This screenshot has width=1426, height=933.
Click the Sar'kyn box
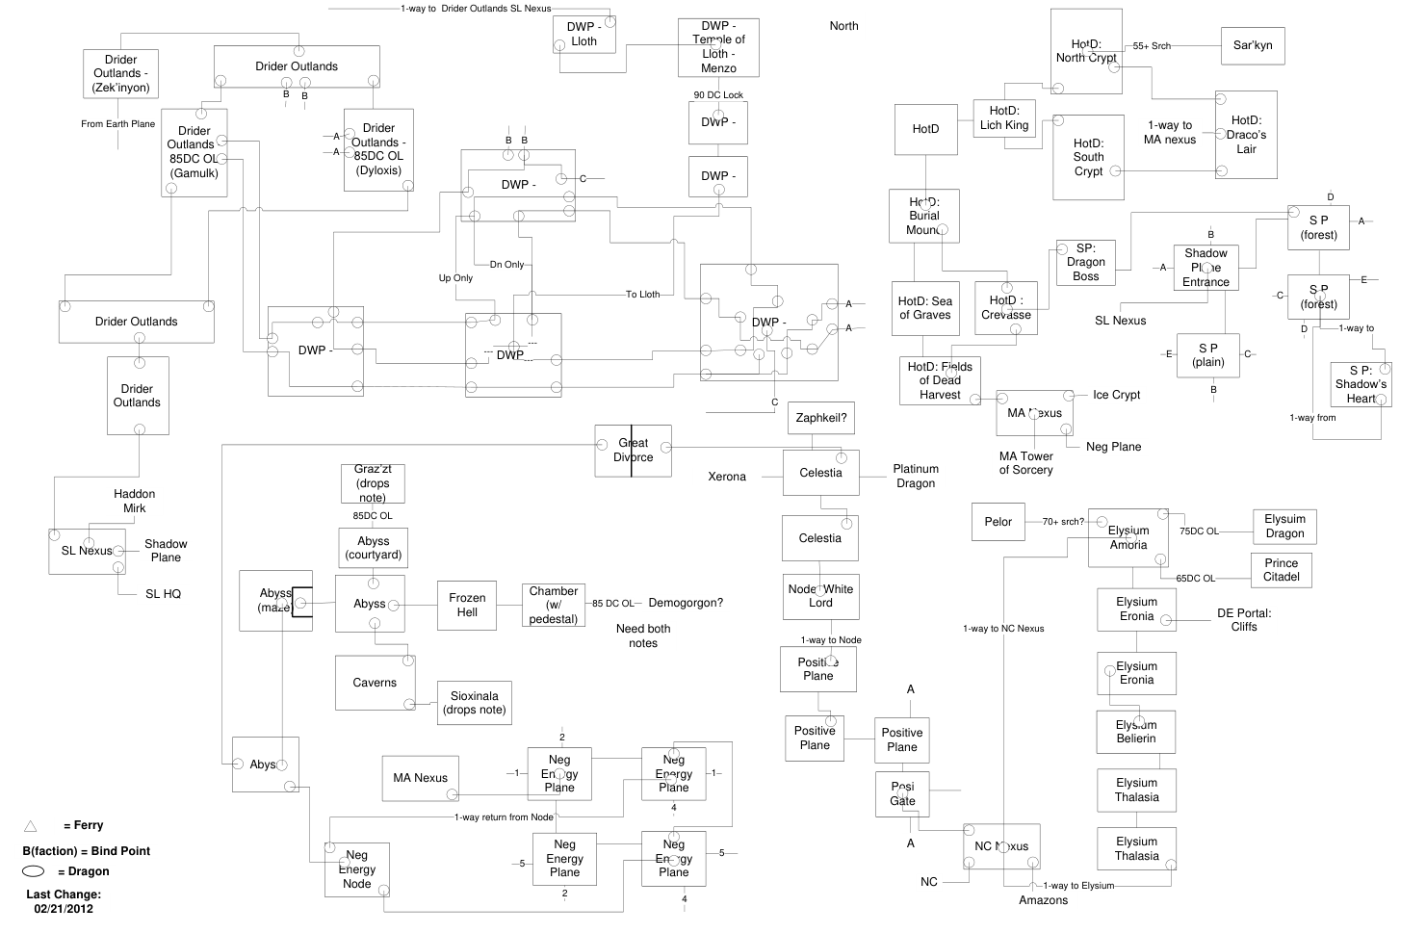click(x=1253, y=45)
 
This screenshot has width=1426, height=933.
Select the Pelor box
click(x=998, y=522)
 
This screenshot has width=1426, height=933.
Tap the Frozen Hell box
click(x=467, y=605)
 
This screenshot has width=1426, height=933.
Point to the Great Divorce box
click(x=633, y=451)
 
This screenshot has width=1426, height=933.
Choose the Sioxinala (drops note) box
click(x=475, y=703)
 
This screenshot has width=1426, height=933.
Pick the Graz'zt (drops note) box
click(x=373, y=483)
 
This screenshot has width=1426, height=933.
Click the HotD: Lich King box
click(x=1004, y=118)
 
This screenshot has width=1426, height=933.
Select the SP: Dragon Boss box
click(x=1085, y=262)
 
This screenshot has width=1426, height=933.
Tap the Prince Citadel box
click(x=1281, y=570)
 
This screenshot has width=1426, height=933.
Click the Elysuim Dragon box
click(x=1284, y=527)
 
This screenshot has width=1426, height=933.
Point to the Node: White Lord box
click(x=820, y=596)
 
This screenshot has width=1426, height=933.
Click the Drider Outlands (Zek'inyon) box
click(x=121, y=74)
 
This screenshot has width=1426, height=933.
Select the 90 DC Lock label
click(x=718, y=95)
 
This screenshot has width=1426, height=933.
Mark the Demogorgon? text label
click(x=686, y=604)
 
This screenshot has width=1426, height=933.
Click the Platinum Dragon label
click(x=916, y=476)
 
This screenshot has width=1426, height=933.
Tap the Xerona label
click(x=727, y=477)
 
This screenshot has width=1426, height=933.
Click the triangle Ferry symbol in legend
click(x=31, y=825)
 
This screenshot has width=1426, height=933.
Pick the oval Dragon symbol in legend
click(x=34, y=871)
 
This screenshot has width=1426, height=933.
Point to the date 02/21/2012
click(x=64, y=909)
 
